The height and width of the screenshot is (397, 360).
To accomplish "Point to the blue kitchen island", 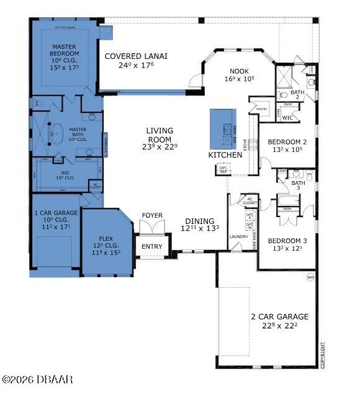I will (x=222, y=129).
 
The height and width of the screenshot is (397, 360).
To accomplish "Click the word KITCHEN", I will (x=225, y=154).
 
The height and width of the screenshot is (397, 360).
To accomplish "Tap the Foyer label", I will (x=152, y=216).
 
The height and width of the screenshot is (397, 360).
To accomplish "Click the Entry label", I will (x=151, y=247).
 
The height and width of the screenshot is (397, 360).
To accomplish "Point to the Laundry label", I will (x=238, y=236).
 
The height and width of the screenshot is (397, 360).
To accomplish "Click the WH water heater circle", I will (x=310, y=277).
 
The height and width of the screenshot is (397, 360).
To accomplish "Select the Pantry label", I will (x=261, y=109).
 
